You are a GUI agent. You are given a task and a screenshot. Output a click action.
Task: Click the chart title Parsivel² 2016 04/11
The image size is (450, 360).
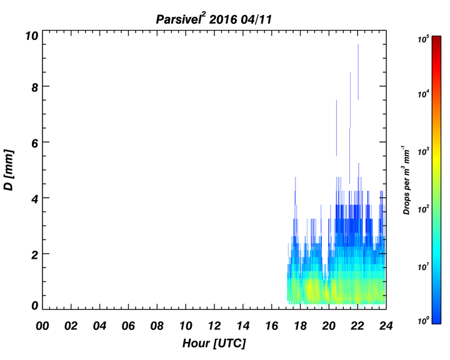point(214,19)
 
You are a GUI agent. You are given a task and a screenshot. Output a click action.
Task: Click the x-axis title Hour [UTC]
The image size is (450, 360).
point(214,343)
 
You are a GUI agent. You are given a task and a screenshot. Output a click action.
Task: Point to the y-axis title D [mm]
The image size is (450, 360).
point(9,170)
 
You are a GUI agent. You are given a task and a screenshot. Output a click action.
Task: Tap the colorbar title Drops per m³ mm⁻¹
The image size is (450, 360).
point(406,180)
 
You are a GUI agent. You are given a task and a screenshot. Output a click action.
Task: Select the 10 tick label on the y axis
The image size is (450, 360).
point(32,36)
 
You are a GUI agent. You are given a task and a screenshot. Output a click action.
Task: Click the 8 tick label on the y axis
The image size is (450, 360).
point(35,87)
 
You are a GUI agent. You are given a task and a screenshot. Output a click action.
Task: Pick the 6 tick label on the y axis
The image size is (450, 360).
point(35,143)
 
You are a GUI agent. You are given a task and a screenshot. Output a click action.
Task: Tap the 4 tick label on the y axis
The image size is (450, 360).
point(35,199)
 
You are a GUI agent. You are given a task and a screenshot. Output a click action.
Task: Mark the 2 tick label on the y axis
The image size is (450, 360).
point(35,255)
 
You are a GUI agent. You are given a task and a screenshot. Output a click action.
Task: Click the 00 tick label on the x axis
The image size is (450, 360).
point(42,326)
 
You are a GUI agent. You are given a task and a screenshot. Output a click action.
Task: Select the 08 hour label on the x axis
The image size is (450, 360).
point(157,326)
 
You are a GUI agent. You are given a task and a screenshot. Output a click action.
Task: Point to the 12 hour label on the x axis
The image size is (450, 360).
point(214,326)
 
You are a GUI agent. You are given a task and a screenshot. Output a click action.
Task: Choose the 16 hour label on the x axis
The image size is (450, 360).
point(271,326)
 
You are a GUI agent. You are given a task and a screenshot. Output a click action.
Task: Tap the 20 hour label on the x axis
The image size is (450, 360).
point(329,326)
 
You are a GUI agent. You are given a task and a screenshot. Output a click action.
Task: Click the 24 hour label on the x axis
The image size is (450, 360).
point(386,326)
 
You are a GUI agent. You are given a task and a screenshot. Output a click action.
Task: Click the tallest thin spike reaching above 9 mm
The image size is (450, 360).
point(358,72)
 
